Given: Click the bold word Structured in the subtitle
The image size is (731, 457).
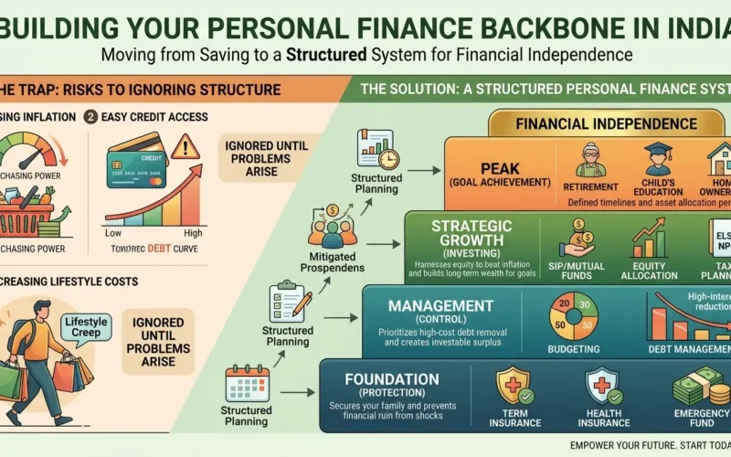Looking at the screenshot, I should [325, 54].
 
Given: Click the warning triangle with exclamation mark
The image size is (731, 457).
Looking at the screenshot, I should [185, 146].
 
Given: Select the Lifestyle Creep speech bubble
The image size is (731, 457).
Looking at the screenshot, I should [87, 325].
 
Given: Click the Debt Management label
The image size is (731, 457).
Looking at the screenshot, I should [691, 347].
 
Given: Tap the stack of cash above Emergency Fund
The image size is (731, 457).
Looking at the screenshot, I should [697, 385].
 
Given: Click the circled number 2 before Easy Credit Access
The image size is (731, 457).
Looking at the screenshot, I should [90, 116].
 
